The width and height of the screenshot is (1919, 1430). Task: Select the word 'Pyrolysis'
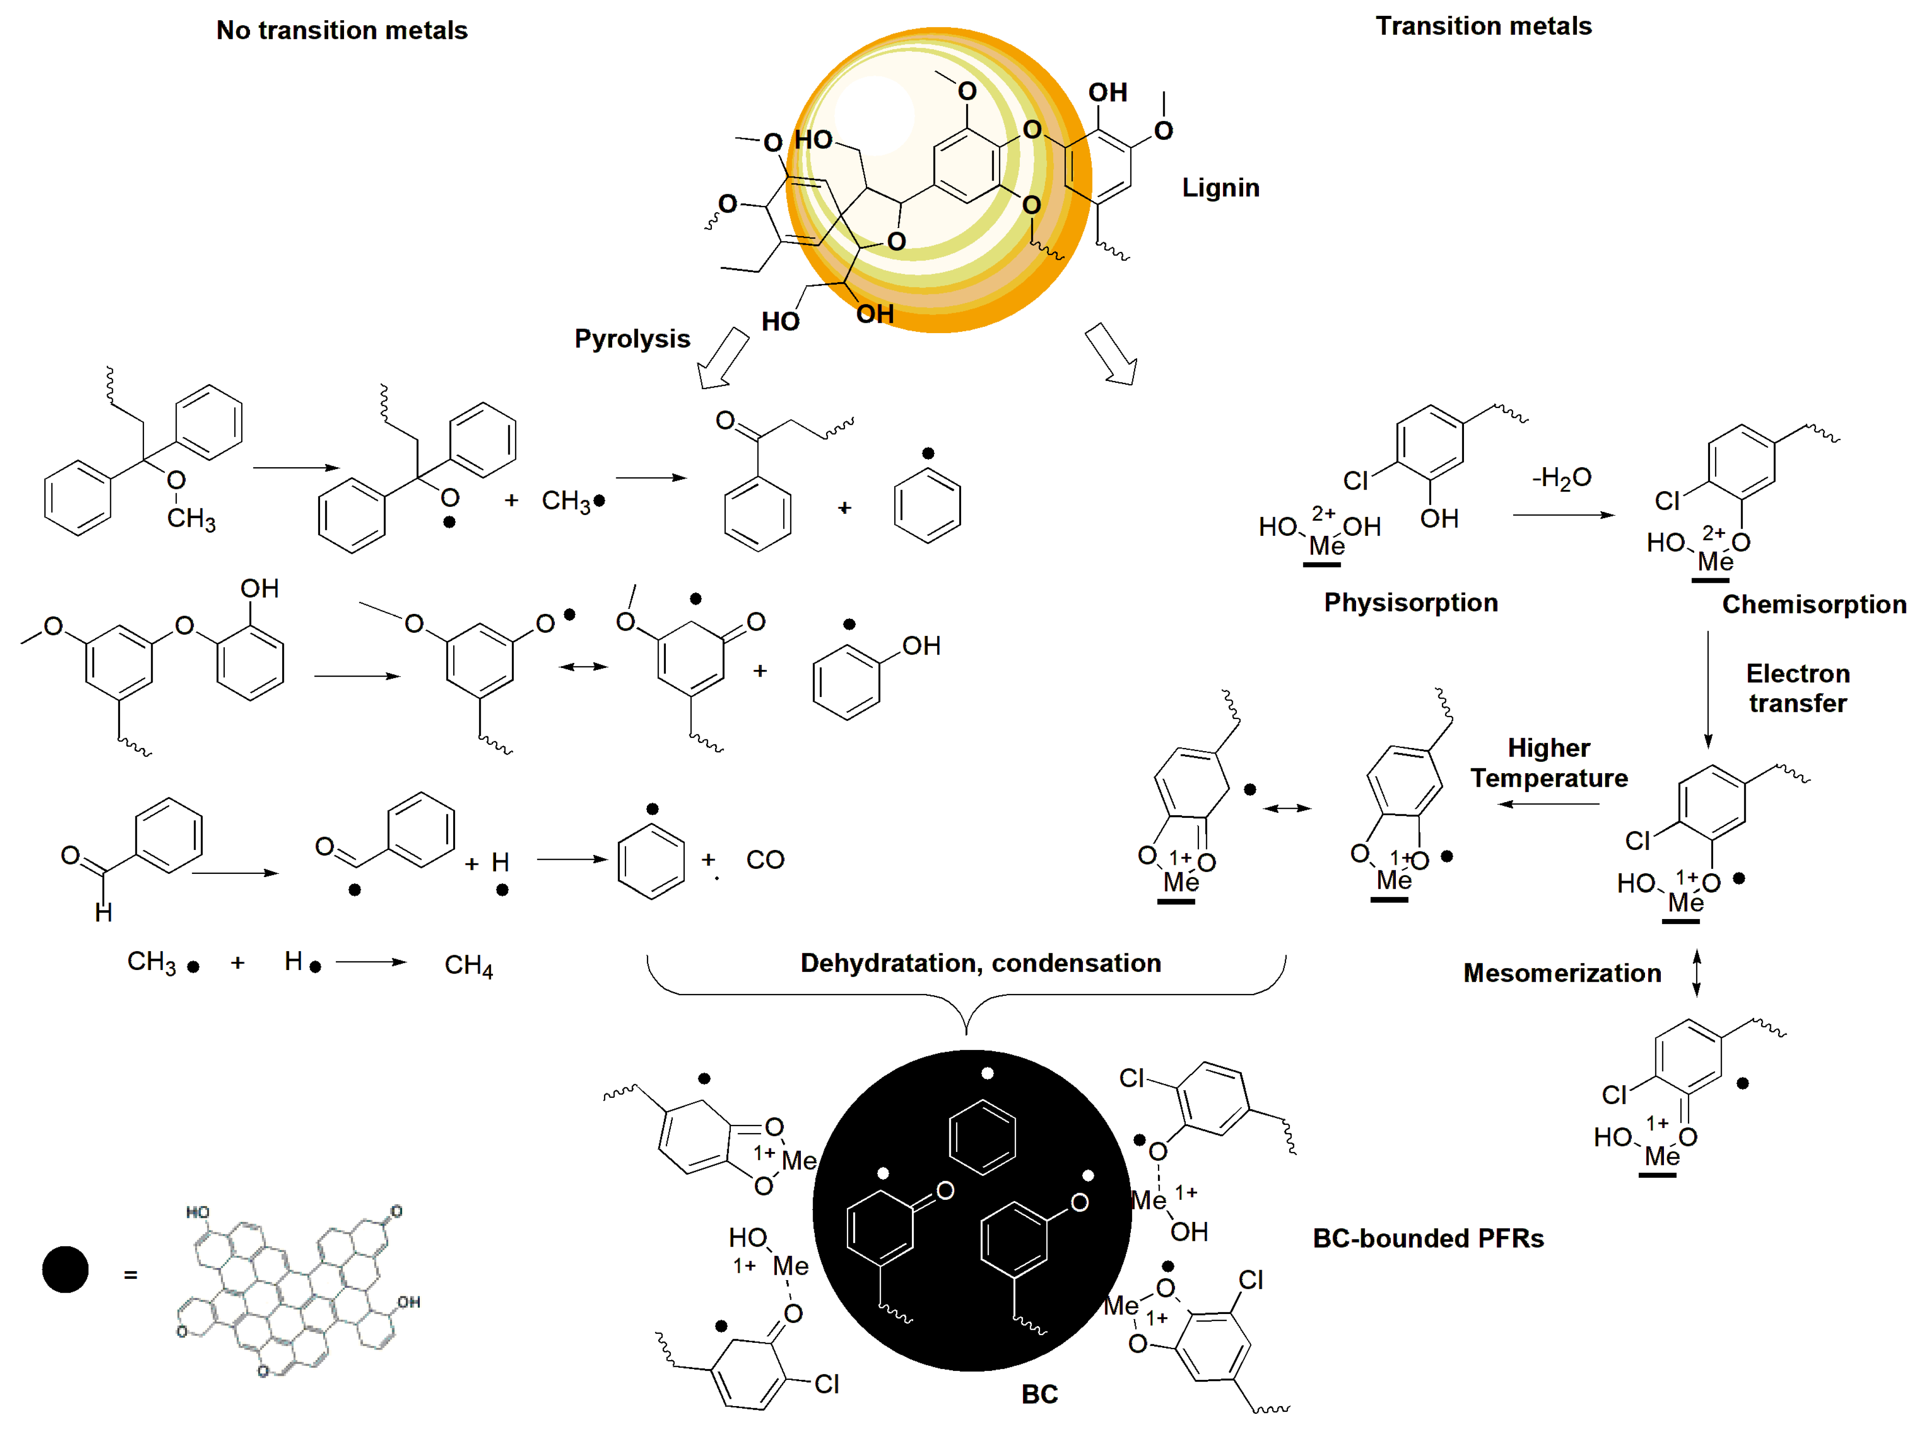click(x=632, y=339)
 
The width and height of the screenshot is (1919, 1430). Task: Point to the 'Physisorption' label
click(x=1410, y=603)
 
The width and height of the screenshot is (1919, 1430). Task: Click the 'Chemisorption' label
click(x=1813, y=604)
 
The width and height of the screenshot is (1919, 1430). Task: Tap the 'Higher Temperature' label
click(x=1548, y=762)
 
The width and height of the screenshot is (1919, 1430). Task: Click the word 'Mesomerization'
click(x=1561, y=973)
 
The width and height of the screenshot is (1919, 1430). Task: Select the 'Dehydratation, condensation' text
click(x=980, y=962)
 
